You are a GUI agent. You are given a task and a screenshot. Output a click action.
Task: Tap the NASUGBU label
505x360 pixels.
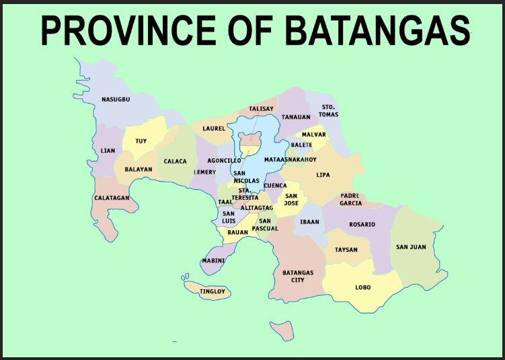pos(116,100)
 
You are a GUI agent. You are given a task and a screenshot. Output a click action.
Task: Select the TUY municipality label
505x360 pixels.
pos(141,141)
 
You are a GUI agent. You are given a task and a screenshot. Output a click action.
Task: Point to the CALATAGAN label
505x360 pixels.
pos(112,198)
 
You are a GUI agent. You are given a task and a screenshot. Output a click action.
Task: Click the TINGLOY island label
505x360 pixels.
pos(212,291)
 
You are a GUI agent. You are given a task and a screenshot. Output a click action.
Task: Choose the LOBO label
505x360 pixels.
pos(362,287)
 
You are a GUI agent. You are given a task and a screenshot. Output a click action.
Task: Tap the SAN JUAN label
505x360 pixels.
pos(411,247)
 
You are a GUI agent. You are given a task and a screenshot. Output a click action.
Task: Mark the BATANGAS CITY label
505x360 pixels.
pos(298,277)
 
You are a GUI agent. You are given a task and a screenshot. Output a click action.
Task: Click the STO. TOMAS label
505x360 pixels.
pos(329,110)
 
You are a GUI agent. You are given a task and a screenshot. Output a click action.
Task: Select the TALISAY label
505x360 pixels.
pos(262,108)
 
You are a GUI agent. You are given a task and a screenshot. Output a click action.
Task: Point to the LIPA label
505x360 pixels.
pos(323,175)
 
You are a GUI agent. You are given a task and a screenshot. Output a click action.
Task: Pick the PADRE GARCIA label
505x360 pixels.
pos(350,199)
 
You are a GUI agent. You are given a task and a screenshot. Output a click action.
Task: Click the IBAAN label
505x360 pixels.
pos(310,221)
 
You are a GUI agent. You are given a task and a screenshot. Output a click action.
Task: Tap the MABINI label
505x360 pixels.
pos(213,260)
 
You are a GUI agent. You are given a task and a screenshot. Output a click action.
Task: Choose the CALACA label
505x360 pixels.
pos(176,161)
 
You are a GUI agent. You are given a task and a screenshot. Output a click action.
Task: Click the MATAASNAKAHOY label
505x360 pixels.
pos(290,159)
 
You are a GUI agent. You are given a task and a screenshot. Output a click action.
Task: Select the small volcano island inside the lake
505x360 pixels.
pos(251,139)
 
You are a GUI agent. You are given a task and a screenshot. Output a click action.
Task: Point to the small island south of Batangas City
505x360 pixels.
pos(287,330)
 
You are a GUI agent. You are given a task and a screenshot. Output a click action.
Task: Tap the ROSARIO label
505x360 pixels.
pos(362,224)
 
